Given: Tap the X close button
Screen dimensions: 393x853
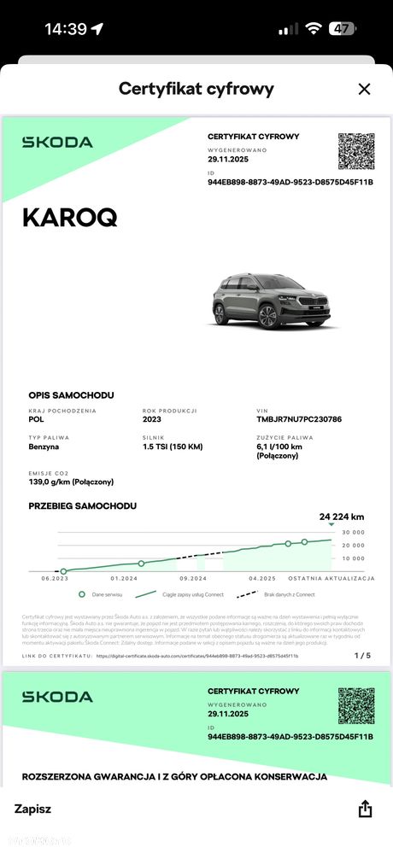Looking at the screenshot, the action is pos(364,89).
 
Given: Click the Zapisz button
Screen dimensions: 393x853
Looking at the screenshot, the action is pos(32,809).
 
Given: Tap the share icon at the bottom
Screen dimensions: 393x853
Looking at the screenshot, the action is pos(365,809).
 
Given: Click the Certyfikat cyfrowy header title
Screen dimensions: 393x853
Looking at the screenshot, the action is pos(196,89).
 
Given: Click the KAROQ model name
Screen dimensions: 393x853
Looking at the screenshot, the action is pos(69,218).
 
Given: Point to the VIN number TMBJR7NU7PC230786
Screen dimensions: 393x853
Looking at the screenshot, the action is pos(299,419).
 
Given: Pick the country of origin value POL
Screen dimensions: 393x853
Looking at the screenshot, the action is pos(37,419).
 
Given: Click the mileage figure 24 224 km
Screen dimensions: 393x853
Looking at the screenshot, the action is pos(342,517).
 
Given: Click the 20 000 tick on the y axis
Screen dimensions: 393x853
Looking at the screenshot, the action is pos(352,545).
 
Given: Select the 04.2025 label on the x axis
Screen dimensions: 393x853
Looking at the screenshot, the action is pos(262,579).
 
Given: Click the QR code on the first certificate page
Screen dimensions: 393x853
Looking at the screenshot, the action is pos(355,151).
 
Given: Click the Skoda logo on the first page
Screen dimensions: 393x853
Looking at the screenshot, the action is pos(57,142).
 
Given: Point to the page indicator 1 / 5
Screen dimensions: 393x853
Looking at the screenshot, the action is pos(362,656).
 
